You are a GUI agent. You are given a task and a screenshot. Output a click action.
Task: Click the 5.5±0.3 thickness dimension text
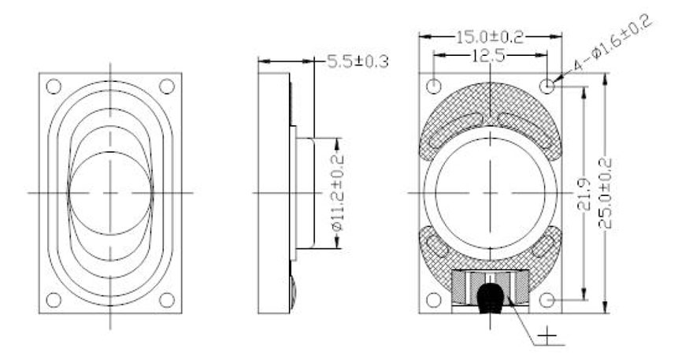coord(358,61)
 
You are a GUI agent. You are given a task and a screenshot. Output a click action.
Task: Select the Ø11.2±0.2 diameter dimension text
coord(338,192)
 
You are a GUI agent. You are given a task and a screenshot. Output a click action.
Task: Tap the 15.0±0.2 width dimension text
coord(489,37)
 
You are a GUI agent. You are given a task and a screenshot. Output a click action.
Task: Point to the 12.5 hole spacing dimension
coord(489,56)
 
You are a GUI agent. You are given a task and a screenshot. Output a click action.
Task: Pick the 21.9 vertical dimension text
coord(584,194)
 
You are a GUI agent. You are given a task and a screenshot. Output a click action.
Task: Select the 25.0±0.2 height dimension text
coord(605,193)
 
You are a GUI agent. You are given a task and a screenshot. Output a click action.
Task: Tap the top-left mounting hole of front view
coord(54,86)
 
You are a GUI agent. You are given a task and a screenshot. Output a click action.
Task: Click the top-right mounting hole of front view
coord(167,86)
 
